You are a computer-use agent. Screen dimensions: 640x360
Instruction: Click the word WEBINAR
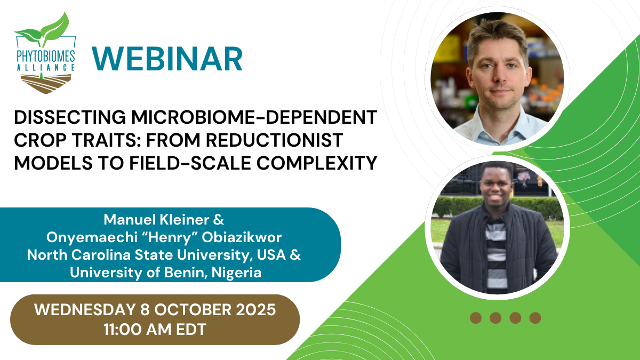pos(167,59)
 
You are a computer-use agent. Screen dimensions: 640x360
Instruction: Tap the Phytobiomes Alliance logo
pos(45,53)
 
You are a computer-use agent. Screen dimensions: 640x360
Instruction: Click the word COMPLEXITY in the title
pos(317,163)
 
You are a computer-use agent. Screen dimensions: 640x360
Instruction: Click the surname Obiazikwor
pos(242,237)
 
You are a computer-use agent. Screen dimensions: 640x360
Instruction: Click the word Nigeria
pos(237,273)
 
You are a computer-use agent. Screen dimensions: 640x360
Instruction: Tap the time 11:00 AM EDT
pos(155,330)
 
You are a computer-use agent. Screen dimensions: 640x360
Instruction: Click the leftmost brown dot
pos(476,318)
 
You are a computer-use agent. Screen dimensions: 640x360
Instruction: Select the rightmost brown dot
pos(535,318)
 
